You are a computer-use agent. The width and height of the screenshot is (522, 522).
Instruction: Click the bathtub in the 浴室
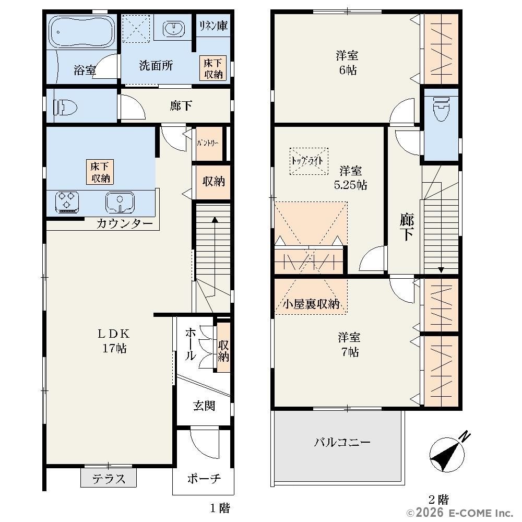click(82, 32)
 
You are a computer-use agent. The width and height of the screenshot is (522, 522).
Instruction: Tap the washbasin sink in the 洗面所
click(174, 28)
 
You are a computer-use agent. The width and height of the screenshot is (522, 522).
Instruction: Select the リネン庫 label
click(213, 26)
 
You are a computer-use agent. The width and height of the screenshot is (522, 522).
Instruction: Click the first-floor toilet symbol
click(65, 107)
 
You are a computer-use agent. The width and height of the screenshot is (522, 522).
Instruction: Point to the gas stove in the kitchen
click(67, 202)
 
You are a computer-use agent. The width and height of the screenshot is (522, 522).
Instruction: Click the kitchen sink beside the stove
click(120, 202)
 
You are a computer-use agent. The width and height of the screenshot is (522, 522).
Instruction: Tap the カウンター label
click(125, 223)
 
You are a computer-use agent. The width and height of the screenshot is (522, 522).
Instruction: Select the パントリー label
click(208, 143)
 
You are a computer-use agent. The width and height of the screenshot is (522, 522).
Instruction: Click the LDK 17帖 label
click(114, 340)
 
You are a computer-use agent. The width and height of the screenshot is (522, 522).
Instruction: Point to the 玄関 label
click(204, 406)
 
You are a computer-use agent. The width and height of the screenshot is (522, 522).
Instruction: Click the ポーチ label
click(204, 479)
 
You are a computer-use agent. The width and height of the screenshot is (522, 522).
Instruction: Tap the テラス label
click(109, 479)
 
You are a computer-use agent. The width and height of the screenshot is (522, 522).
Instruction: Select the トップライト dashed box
click(309, 161)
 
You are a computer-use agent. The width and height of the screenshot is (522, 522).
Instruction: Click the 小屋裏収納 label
click(311, 304)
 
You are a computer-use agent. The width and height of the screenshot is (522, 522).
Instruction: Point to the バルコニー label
click(342, 442)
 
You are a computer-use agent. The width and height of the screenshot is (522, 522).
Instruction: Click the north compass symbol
click(448, 454)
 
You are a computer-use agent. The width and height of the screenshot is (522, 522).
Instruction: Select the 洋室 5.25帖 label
click(351, 178)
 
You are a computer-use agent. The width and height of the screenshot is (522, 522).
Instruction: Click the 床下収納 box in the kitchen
click(100, 172)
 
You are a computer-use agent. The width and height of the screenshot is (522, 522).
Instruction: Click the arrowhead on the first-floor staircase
click(215, 220)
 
